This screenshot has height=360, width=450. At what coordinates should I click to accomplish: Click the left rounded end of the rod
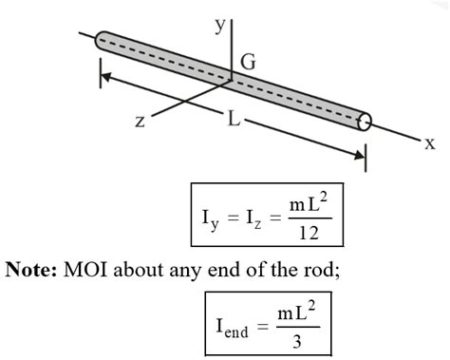click(102, 41)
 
